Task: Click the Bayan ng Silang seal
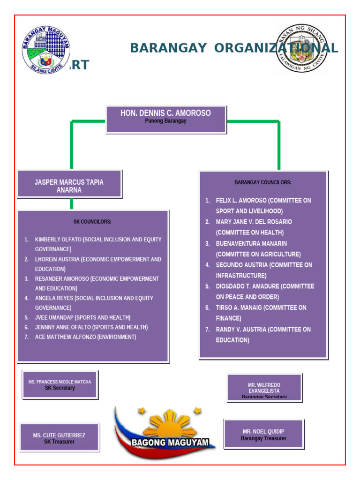[301, 49]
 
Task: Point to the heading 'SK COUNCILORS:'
[92, 222]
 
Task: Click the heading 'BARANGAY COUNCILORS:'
[263, 182]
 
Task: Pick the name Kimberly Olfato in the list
[58, 240]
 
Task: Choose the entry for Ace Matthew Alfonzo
[65, 337]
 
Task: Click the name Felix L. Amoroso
[240, 201]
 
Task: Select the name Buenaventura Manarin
[251, 244]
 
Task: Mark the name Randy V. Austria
[240, 330]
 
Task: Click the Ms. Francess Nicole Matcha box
[60, 385]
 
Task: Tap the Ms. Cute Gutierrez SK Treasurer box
[60, 438]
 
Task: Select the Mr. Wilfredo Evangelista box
[264, 388]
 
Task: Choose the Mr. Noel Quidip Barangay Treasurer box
[263, 434]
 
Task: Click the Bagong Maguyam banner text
[170, 442]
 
